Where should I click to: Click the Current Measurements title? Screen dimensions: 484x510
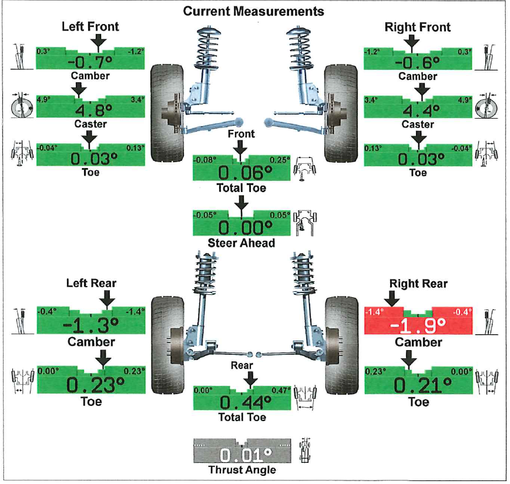click(253, 11)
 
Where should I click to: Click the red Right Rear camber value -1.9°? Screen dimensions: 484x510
click(418, 325)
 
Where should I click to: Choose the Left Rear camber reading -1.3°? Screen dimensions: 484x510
click(90, 325)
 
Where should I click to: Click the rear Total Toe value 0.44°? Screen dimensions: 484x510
click(241, 402)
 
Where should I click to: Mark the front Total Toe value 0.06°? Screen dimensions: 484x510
click(241, 173)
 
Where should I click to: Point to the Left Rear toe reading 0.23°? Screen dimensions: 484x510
click(90, 385)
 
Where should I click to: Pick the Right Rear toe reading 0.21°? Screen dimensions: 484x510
click(418, 385)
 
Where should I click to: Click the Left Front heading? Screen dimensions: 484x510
click(90, 26)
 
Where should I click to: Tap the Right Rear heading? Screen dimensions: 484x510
click(418, 284)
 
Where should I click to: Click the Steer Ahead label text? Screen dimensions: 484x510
click(241, 243)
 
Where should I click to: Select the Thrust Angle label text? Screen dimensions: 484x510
click(241, 470)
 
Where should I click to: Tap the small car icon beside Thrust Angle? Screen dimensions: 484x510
click(304, 450)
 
